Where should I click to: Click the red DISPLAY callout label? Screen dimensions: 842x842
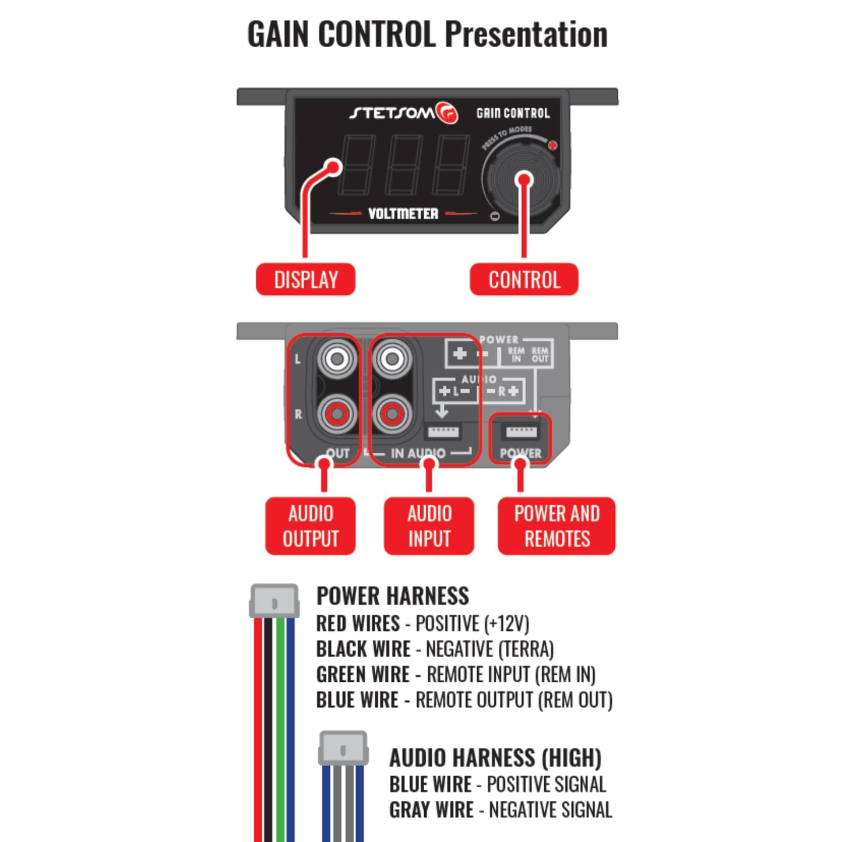pos(305,280)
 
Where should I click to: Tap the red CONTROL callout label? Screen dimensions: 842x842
pos(524,280)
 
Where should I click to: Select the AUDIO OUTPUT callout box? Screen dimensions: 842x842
pos(310,526)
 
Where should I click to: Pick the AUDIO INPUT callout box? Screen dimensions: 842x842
pos(429,526)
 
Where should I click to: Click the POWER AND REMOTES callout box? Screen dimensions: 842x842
pos(556,526)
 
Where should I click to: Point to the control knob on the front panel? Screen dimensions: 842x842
pos(523,179)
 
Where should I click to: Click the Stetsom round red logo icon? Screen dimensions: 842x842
pos(448,113)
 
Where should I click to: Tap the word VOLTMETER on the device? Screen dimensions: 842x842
pos(403,214)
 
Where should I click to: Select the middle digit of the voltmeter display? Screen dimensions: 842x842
pos(403,165)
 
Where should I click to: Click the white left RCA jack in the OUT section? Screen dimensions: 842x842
pos(337,358)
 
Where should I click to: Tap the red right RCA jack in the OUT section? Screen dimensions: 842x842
pos(337,414)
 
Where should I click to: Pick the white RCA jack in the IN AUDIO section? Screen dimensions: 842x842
pos(392,358)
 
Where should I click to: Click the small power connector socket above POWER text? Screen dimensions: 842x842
pos(520,432)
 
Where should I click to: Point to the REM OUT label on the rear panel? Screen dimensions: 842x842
pos(540,355)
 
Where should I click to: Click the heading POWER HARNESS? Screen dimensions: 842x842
pos(393,596)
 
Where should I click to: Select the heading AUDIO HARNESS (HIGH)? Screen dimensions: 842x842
pos(495,758)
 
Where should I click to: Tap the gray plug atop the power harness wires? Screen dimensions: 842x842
pos(274,601)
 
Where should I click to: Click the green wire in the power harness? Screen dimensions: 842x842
pos(281,728)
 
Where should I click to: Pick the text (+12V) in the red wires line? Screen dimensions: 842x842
pos(506,623)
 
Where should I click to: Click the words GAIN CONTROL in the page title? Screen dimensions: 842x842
pos(341,34)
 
